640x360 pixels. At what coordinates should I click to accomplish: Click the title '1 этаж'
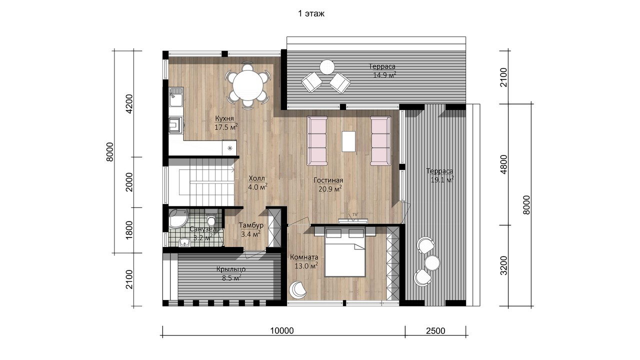(311, 13)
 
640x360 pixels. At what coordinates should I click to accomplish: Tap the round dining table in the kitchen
(247, 85)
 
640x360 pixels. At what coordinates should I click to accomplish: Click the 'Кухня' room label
(224, 118)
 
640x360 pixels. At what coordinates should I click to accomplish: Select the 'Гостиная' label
(328, 180)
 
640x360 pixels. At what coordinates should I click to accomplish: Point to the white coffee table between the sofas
(348, 141)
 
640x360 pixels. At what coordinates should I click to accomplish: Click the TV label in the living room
(355, 214)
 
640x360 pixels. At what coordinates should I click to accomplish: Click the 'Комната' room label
(304, 257)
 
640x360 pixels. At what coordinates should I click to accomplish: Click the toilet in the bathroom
(211, 219)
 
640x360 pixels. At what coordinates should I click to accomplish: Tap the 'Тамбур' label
(251, 225)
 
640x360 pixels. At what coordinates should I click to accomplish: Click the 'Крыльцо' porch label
(231, 269)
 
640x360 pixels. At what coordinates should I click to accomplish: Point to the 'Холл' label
(257, 178)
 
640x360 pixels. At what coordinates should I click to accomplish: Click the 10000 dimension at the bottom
(282, 330)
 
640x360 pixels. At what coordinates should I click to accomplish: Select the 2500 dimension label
(435, 330)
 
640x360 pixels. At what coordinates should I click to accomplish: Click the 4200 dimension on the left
(129, 103)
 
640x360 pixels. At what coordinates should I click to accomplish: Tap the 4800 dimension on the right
(504, 164)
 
